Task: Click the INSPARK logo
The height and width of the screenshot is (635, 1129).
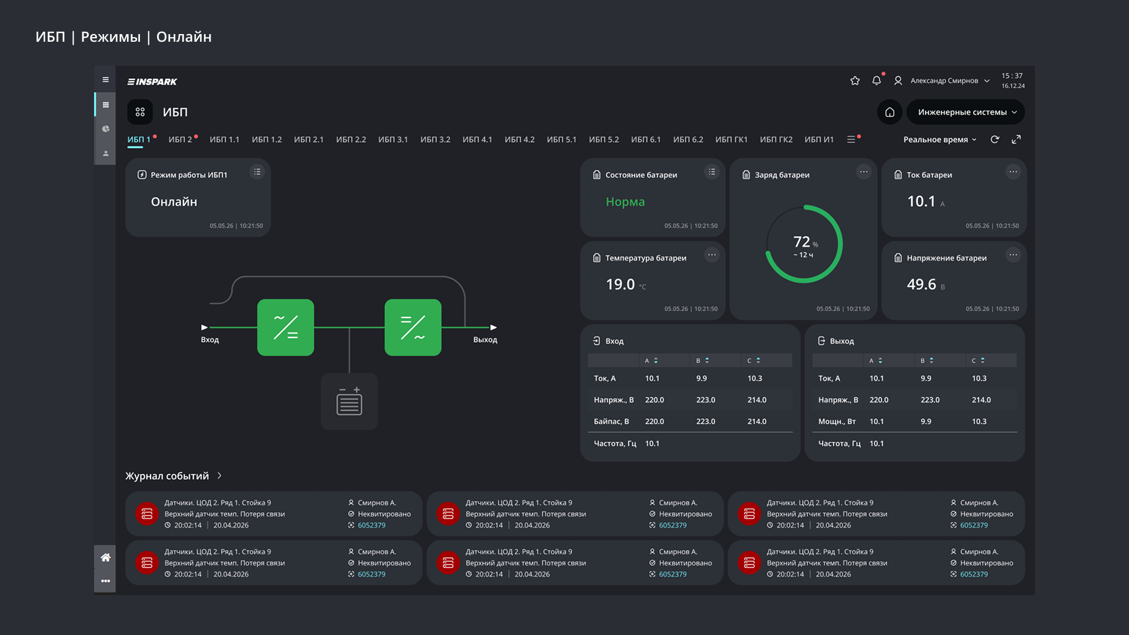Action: pyautogui.click(x=152, y=82)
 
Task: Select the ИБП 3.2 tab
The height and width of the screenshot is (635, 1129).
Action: pyautogui.click(x=435, y=139)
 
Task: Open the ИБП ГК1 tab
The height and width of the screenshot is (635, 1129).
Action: pyautogui.click(x=731, y=139)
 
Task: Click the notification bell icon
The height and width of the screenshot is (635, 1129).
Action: pyautogui.click(x=876, y=81)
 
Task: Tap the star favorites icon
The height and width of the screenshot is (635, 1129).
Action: pyautogui.click(x=855, y=81)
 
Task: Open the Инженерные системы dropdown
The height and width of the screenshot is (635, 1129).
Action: pyautogui.click(x=966, y=112)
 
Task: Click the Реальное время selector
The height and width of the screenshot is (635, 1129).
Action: pyautogui.click(x=940, y=139)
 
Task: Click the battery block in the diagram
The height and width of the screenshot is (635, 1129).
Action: pyautogui.click(x=349, y=402)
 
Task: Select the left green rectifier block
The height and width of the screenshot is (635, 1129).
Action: pyautogui.click(x=285, y=327)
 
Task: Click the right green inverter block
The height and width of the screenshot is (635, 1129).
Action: pyautogui.click(x=413, y=327)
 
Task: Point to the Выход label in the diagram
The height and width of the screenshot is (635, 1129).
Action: pyautogui.click(x=485, y=340)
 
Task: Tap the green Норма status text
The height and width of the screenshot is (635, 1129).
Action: pyautogui.click(x=625, y=202)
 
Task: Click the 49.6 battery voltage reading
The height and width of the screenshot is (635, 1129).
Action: pyautogui.click(x=921, y=285)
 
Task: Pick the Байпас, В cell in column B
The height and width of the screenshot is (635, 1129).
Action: pyautogui.click(x=706, y=422)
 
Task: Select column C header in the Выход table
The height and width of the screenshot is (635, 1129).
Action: pyautogui.click(x=978, y=360)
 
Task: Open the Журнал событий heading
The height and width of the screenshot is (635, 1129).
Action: pyautogui.click(x=167, y=476)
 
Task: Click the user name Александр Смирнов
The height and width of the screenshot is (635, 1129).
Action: pyautogui.click(x=944, y=81)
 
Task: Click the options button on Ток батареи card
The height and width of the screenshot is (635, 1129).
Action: pyautogui.click(x=1013, y=172)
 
